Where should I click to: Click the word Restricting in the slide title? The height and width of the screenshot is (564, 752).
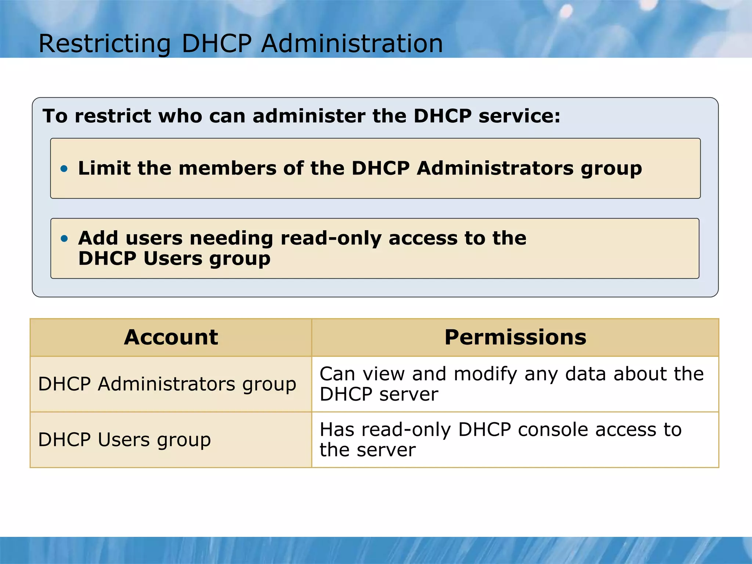pos(105,44)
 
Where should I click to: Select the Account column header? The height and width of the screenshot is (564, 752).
pos(171,337)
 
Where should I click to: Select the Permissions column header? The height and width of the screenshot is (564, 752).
pos(515,337)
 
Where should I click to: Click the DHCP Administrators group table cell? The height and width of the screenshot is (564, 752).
pos(167,384)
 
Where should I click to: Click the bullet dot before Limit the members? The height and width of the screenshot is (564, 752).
pos(64,169)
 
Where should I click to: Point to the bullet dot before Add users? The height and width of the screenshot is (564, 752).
pos(64,239)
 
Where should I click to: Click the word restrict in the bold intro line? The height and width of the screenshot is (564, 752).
pos(113,116)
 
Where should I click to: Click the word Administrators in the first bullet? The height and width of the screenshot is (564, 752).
pos(495,168)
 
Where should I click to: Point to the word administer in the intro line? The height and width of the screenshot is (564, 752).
pos(308,116)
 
